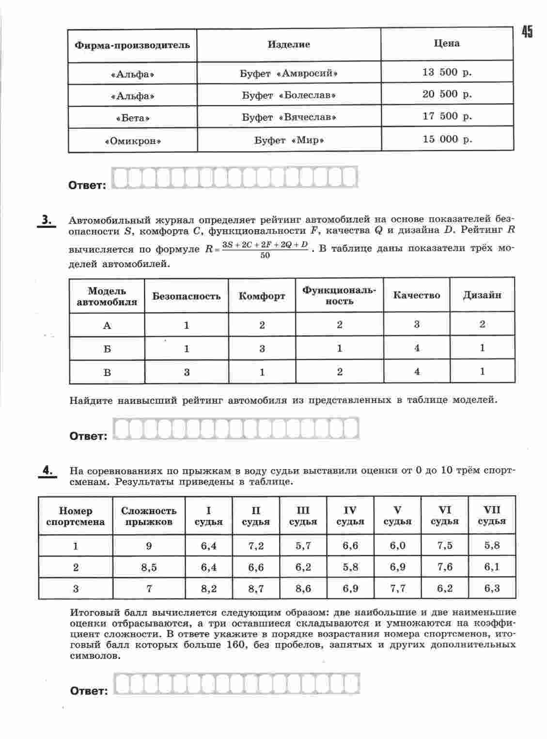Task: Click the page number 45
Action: coord(527,32)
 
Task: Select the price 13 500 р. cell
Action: coord(447,72)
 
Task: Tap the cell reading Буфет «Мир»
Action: coord(289,140)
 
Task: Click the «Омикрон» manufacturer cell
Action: coord(132,141)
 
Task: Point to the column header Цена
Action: coord(447,44)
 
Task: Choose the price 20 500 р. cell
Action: coord(447,94)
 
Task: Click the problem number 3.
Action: coord(47,220)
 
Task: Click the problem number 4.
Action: coord(47,471)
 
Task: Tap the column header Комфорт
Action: coord(262,296)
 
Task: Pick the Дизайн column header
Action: coord(482,295)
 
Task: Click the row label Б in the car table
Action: coord(107,349)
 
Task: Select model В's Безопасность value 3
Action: coord(187,372)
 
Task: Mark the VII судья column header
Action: coord(492,516)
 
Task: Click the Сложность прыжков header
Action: coord(149,516)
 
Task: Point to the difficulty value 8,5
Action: coord(149,567)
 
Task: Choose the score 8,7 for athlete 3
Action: coord(256,589)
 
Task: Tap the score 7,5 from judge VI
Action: coord(444,546)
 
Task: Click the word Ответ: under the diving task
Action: coord(89,691)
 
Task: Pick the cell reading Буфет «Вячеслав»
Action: coord(289,117)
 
